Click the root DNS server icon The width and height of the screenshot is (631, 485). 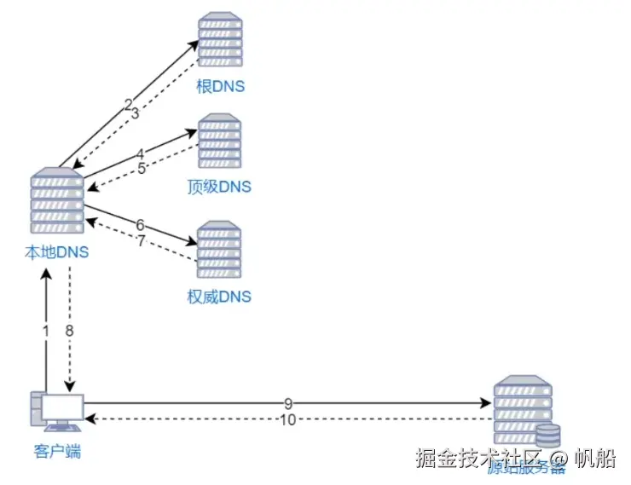220,39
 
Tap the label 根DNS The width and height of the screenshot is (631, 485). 220,87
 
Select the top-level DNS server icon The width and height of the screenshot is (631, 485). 220,141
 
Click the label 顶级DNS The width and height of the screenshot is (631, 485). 219,187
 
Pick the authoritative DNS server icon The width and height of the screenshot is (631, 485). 220,250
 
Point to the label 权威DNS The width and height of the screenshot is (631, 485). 219,297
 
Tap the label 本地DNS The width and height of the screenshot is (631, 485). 57,252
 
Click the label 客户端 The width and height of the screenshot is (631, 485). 57,452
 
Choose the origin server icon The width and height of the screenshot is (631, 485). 521,407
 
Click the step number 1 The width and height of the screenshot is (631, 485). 45,330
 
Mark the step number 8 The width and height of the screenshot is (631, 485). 70,330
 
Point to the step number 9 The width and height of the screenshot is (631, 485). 288,402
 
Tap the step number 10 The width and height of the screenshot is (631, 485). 287,419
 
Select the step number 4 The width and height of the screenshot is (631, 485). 140,153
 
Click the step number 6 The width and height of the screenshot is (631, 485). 140,224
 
